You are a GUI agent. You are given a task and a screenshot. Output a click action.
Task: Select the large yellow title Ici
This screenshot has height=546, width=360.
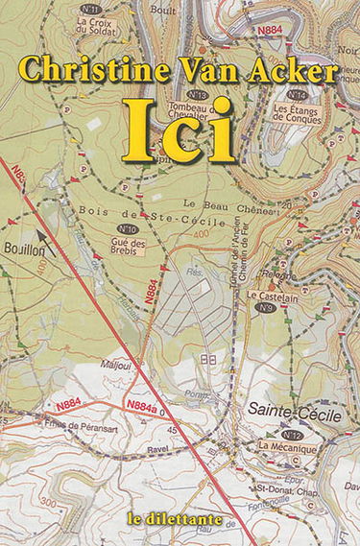point(180,130)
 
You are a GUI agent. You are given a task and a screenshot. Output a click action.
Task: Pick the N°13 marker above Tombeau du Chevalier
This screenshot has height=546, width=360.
point(199,94)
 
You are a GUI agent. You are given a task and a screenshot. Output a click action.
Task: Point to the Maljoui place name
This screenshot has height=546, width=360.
point(115,364)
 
